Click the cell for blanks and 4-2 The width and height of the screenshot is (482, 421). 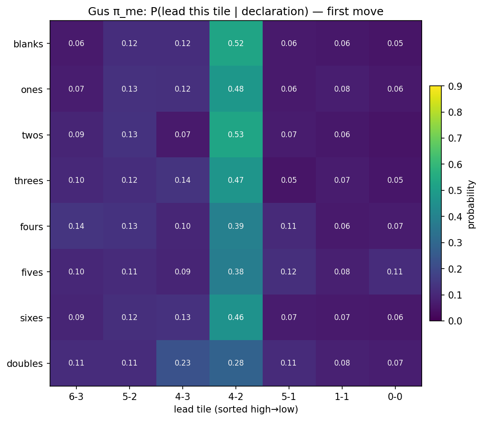[x=236, y=43]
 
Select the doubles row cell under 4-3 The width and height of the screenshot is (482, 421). [x=183, y=363]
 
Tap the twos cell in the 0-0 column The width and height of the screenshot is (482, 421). [x=395, y=135]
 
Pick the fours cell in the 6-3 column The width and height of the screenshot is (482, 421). [x=76, y=226]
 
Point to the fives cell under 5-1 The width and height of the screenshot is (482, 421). [x=289, y=272]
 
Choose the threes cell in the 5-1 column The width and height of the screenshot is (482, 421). [x=289, y=181]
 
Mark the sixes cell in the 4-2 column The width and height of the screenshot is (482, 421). [x=236, y=317]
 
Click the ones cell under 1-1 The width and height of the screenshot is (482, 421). [x=342, y=89]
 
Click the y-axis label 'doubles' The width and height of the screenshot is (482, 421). [x=25, y=363]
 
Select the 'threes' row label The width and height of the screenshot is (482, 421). [x=29, y=181]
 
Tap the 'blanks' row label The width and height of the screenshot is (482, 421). [x=29, y=44]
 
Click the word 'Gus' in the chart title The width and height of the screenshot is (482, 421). [x=97, y=12]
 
